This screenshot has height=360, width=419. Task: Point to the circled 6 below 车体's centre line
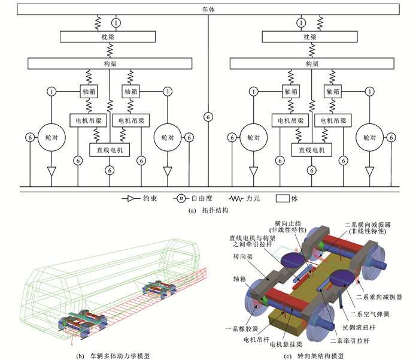coord(208,115)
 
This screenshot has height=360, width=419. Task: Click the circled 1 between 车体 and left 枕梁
coord(116,22)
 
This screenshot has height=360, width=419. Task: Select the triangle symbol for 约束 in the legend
coord(127,198)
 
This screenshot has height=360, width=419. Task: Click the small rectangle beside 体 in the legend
coord(282,198)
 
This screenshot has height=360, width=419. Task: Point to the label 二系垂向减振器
coord(379,295)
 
